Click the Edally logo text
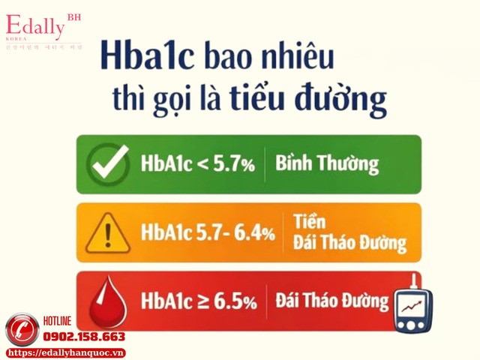37,25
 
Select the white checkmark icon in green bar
107,164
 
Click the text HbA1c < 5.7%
197,164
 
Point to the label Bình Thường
327,163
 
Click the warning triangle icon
108,233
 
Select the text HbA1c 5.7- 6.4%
208,232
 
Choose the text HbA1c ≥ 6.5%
199,301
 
